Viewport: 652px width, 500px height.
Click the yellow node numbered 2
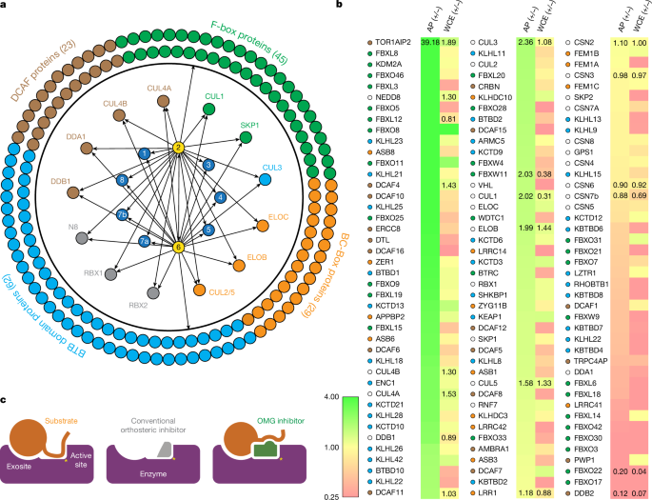click(x=177, y=147)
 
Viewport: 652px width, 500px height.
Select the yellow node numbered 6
click(x=177, y=248)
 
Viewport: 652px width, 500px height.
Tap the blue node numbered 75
click(x=122, y=215)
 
